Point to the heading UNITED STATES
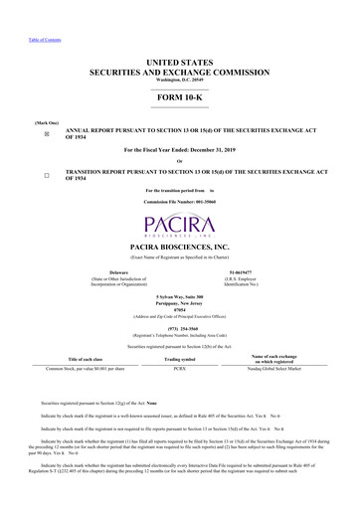click(x=180, y=63)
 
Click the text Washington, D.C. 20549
click(x=180, y=81)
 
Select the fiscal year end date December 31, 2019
click(x=221, y=150)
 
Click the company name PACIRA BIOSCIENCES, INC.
click(x=180, y=245)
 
